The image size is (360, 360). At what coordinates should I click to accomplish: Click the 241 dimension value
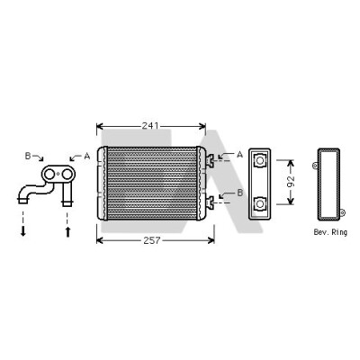click(150, 126)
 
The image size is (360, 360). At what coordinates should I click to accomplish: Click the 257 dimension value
click(152, 240)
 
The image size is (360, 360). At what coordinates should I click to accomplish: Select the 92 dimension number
click(291, 182)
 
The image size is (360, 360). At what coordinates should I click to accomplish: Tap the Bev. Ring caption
click(330, 232)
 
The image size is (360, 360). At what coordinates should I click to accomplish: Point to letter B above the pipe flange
click(28, 156)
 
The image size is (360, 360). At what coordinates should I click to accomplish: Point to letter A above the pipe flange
click(87, 156)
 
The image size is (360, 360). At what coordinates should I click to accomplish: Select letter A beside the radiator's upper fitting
click(239, 155)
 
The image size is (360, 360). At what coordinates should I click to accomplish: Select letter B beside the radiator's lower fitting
click(240, 193)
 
